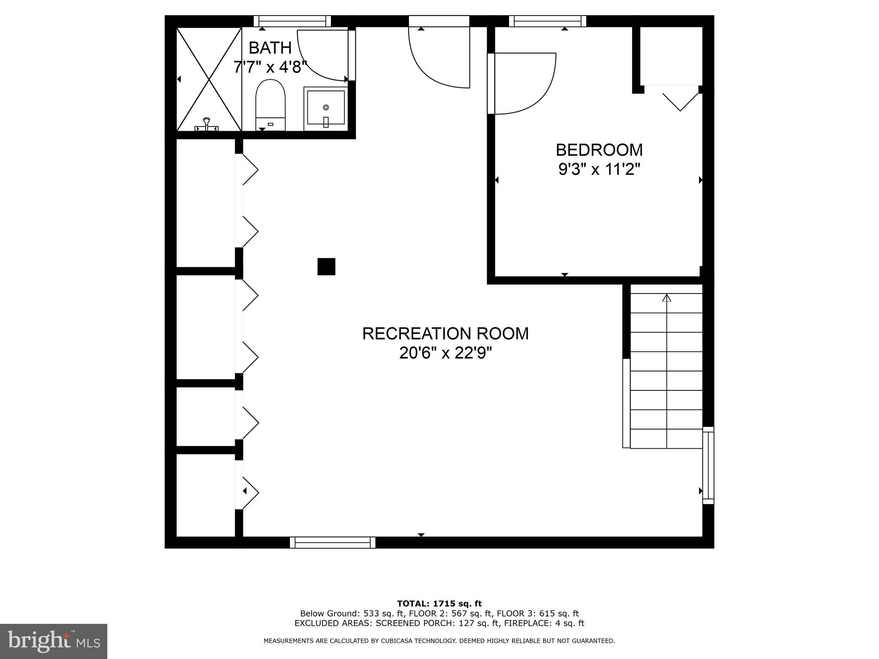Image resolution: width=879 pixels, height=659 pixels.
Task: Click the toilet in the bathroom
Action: click(270, 105)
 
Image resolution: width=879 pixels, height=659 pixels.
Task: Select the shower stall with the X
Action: click(209, 79)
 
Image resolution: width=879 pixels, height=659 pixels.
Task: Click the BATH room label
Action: click(270, 48)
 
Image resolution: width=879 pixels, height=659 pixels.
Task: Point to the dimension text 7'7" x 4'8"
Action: click(270, 67)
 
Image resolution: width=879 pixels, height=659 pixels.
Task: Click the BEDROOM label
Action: click(599, 150)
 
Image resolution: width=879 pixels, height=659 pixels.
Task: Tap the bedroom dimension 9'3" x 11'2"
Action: click(599, 170)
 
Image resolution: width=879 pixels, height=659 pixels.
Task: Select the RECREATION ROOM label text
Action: click(446, 333)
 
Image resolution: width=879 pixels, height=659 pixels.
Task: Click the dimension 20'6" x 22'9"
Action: click(446, 354)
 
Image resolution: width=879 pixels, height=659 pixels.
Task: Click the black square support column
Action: click(326, 266)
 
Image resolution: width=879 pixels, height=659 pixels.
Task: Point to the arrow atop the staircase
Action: click(667, 297)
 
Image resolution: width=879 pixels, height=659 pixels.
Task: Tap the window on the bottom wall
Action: click(333, 542)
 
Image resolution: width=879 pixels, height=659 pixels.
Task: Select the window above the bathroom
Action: click(292, 21)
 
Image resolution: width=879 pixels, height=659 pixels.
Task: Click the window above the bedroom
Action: click(548, 21)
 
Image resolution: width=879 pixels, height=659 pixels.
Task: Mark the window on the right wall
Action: click(708, 466)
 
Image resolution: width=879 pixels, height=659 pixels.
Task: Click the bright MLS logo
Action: click(54, 641)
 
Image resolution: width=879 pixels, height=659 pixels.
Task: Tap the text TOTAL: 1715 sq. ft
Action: click(439, 604)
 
